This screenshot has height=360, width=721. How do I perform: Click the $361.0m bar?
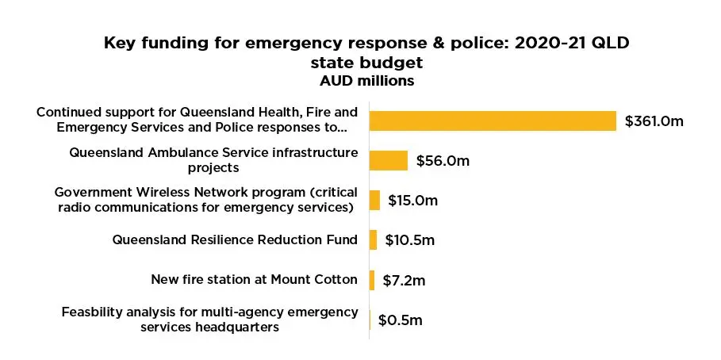[x=493, y=121]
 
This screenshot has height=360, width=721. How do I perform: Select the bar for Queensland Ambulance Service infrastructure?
[x=389, y=160]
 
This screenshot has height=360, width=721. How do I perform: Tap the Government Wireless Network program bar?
[x=374, y=200]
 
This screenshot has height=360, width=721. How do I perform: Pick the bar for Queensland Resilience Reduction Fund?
[x=373, y=239]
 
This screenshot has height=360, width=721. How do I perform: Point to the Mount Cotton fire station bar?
[x=372, y=279]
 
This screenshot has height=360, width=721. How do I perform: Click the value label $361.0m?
[x=654, y=121]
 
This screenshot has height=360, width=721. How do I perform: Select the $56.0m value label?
[x=443, y=161]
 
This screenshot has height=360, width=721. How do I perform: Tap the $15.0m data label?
[x=412, y=201]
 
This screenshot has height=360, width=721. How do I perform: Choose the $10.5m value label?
[x=410, y=240]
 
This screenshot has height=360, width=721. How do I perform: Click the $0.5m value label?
[x=400, y=320]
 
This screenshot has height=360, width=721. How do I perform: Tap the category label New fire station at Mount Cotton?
[x=254, y=279]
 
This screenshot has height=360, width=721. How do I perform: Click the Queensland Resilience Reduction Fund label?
[x=235, y=239]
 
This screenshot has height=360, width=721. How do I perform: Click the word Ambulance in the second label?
[x=187, y=152]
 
